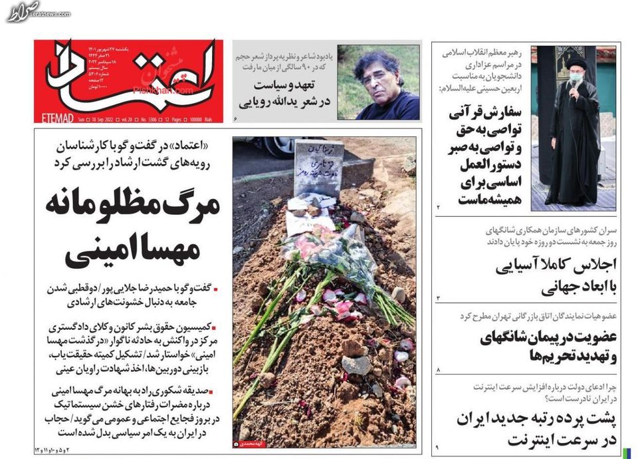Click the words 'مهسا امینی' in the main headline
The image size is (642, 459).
coord(133,251)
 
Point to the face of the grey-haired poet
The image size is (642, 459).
coord(374,76)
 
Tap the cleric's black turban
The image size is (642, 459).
coord(576,61)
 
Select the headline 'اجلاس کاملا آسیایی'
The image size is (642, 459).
coord(556,264)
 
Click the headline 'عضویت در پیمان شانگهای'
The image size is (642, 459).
coord(548,337)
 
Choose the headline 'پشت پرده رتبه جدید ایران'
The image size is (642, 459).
coord(537,419)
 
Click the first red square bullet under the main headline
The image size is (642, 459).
coord(216,289)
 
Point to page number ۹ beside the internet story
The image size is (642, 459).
coord(438,445)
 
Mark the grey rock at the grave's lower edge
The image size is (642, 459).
coord(357,365)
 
